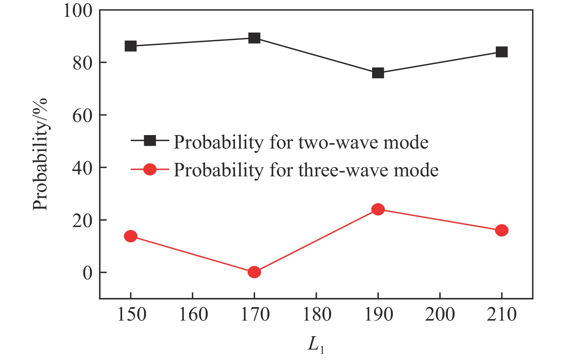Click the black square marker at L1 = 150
pyautogui.click(x=131, y=46)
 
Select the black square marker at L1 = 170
pyautogui.click(x=254, y=38)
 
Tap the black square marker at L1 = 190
pyautogui.click(x=378, y=73)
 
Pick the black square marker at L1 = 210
pyautogui.click(x=502, y=52)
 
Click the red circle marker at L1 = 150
pyautogui.click(x=131, y=236)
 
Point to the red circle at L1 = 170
pyautogui.click(x=254, y=272)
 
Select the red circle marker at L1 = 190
pyautogui.click(x=378, y=209)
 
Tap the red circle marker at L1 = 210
pyautogui.click(x=502, y=230)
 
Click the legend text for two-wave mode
pyautogui.click(x=301, y=142)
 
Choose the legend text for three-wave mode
pyautogui.click(x=306, y=170)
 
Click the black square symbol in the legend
pyautogui.click(x=150, y=141)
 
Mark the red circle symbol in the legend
pyautogui.click(x=150, y=169)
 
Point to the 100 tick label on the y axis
pyautogui.click(x=78, y=11)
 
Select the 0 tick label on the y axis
pyautogui.click(x=87, y=273)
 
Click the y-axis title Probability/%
pyautogui.click(x=40, y=154)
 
